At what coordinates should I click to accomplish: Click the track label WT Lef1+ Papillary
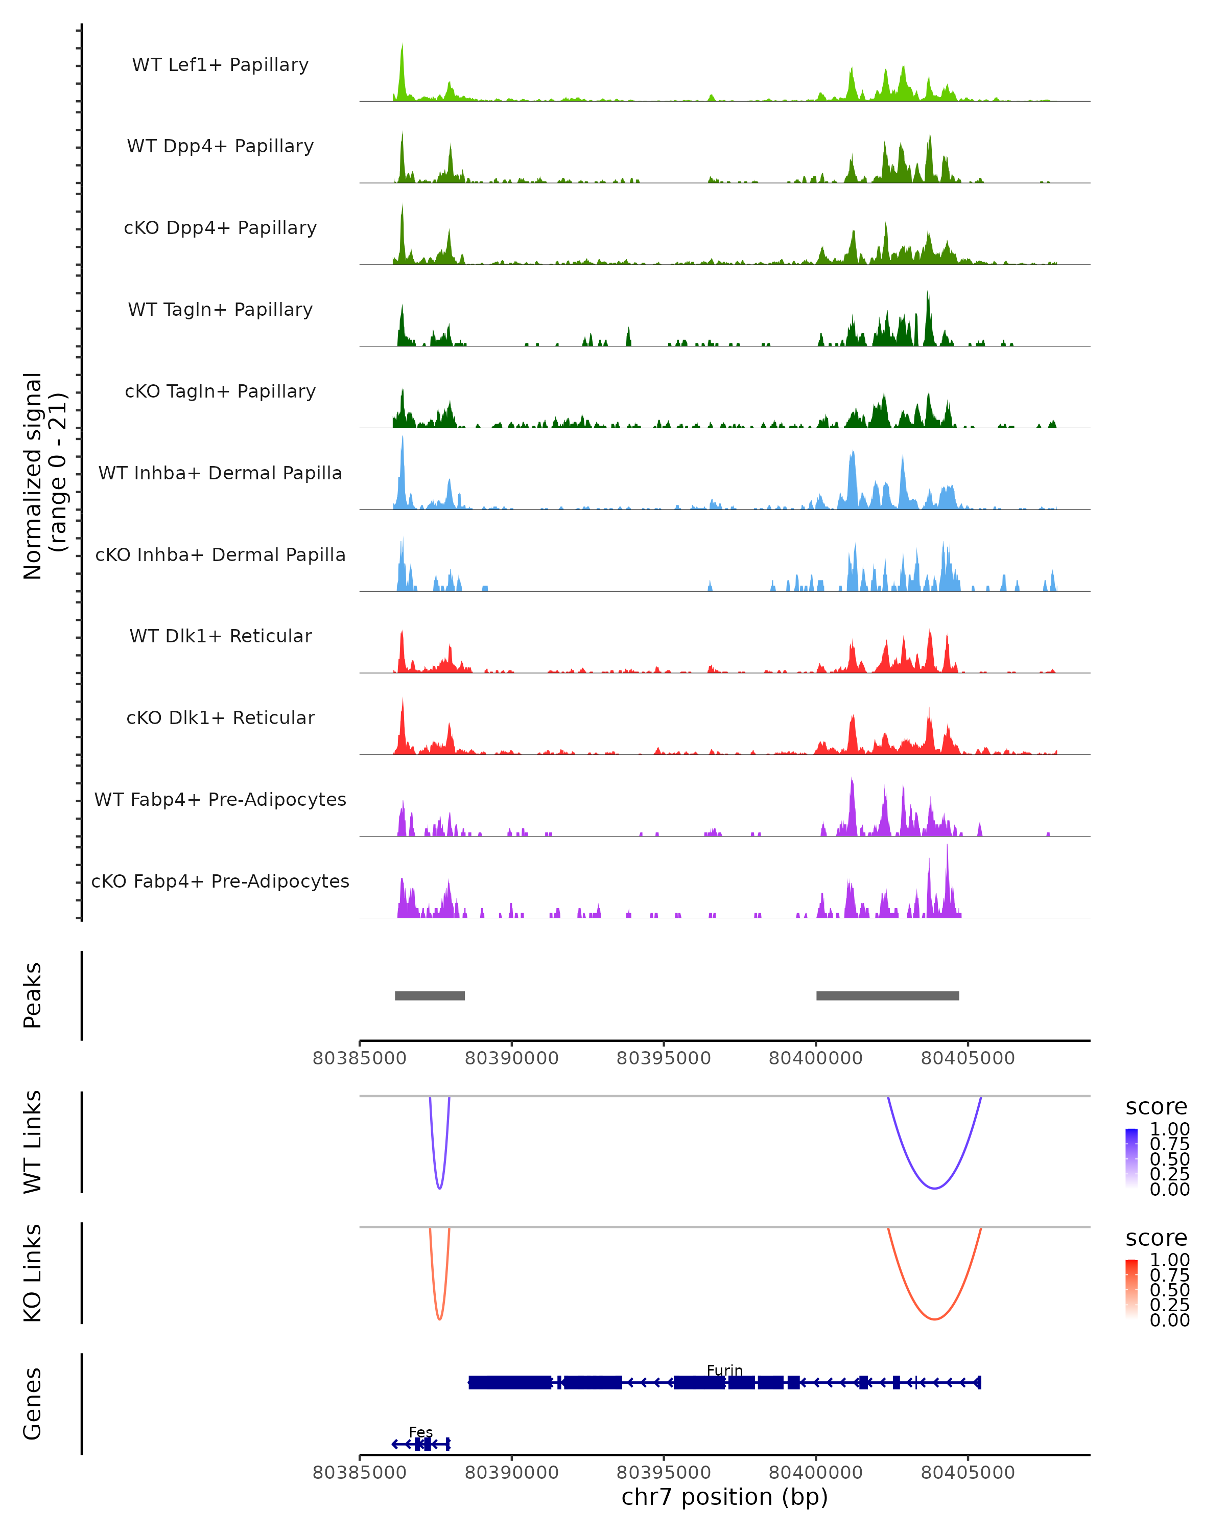coord(220,65)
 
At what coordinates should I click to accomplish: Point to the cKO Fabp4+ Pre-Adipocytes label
coord(220,881)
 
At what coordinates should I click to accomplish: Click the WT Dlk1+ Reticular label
coord(220,636)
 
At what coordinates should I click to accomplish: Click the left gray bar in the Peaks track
coord(430,995)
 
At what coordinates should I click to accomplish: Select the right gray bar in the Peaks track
coord(888,995)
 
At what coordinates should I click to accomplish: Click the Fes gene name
coord(421,1432)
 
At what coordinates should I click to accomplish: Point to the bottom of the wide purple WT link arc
coord(935,1188)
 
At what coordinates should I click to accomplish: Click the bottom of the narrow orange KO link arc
coord(440,1319)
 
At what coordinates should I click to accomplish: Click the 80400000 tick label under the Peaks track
coord(816,1058)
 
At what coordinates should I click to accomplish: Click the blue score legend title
coord(1157,1107)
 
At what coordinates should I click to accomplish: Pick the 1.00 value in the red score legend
coord(1170,1260)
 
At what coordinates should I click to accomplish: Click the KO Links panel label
coord(33,1273)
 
